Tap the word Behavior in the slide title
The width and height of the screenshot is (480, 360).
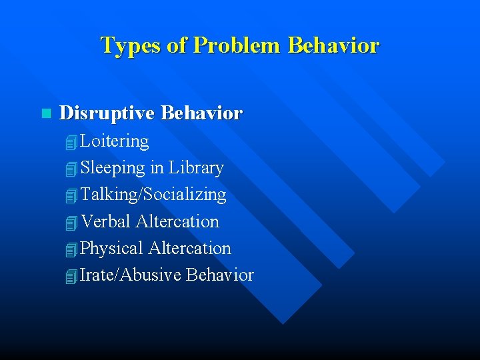point(334,45)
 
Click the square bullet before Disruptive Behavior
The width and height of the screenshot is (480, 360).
point(45,114)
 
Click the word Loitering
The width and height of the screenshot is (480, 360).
point(115,141)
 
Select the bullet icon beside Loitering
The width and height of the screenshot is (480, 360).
point(72,143)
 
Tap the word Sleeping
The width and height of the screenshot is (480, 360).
point(113,169)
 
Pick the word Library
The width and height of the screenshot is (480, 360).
point(196,168)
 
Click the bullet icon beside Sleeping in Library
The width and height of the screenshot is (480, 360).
point(72,169)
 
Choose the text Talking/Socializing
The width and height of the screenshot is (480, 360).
point(153,195)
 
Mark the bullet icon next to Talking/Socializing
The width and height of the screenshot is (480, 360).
point(72,196)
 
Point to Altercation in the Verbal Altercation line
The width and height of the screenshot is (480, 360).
point(177,221)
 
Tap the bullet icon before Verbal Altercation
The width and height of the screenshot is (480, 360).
point(72,223)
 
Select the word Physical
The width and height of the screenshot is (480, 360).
point(112,248)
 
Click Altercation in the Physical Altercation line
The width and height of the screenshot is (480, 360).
point(189,248)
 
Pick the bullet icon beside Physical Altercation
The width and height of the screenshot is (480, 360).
point(72,249)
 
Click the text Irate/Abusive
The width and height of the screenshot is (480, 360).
point(131,275)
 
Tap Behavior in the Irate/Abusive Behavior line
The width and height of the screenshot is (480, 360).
point(220,275)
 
